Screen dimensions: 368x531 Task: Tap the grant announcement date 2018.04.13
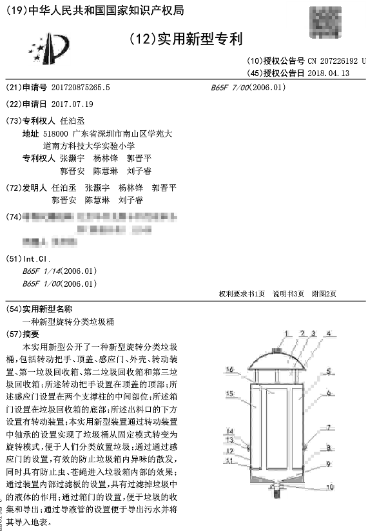[329, 73]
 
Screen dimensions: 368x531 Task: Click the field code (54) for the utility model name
[14, 309]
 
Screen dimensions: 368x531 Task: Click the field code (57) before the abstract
[14, 334]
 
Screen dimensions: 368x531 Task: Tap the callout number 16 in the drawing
[230, 370]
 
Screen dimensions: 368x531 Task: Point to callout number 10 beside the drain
[329, 487]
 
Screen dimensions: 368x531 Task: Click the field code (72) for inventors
[14, 188]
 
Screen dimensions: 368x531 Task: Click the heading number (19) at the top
[14, 10]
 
